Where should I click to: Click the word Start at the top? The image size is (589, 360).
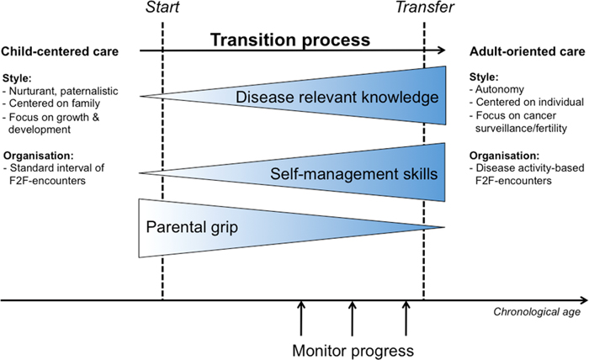point(162,7)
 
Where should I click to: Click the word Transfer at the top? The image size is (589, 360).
point(424,7)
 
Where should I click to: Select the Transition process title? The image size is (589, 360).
point(290,40)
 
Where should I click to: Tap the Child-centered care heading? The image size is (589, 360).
point(60,51)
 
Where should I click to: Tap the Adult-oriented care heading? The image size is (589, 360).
point(528,51)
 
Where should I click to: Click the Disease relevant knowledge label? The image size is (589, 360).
point(337,98)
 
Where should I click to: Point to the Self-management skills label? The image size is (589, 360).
point(354,174)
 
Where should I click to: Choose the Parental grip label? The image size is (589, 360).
point(192,227)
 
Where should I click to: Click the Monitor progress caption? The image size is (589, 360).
point(353,351)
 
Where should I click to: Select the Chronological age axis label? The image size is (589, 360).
point(537,311)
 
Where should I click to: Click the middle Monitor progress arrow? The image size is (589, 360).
point(352,319)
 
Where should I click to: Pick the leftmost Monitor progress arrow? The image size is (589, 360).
point(301,319)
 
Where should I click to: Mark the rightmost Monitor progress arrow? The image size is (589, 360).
point(406,319)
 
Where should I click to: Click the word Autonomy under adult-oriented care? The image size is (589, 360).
point(496,89)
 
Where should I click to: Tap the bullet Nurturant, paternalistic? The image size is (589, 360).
point(60,91)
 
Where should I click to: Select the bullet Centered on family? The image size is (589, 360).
point(51,103)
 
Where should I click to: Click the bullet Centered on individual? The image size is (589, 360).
point(527,102)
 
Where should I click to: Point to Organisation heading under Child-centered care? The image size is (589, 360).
point(39,156)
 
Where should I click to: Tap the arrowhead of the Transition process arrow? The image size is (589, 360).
point(442,50)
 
